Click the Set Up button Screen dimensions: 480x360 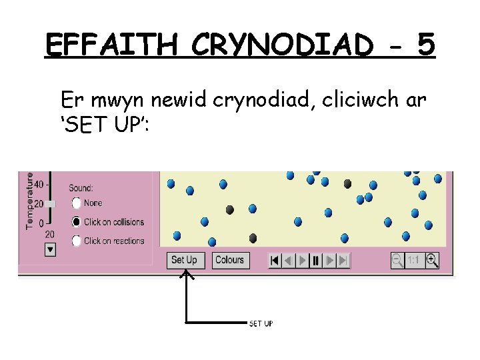point(184,260)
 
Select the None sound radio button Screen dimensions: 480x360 point(77,203)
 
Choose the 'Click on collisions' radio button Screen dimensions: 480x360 point(77,222)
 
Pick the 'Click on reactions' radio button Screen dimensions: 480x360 point(77,241)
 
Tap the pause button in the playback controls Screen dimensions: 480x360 point(316,260)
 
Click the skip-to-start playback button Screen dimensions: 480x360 point(275,260)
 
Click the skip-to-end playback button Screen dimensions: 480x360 point(343,260)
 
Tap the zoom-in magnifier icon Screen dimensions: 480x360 point(432,260)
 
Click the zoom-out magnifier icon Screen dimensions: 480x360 point(397,260)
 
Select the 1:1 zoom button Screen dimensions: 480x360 point(414,260)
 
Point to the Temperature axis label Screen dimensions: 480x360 point(30,200)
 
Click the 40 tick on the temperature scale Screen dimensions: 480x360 point(39,184)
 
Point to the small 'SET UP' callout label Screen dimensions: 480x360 point(260,324)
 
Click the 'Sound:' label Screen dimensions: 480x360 point(81,189)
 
